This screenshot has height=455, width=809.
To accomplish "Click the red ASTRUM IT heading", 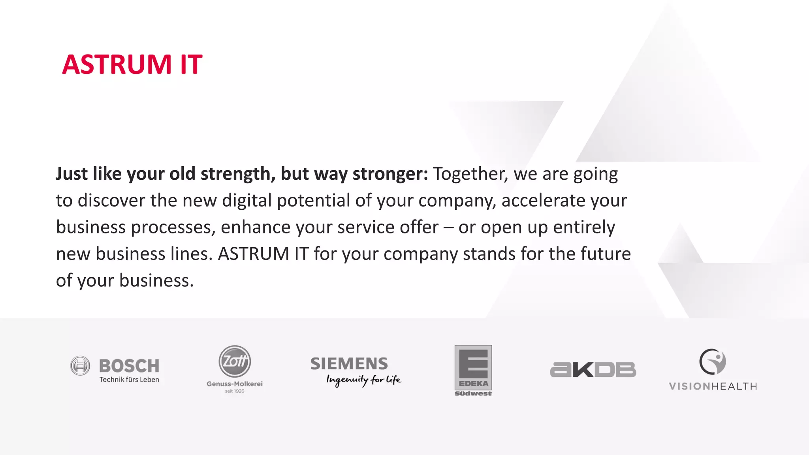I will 132,64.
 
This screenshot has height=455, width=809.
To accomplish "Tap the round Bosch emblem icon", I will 80,366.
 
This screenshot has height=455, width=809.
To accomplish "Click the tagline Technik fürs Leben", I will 129,380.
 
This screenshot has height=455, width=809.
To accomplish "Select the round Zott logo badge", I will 235,361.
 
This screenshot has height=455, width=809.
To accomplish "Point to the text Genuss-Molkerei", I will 235,384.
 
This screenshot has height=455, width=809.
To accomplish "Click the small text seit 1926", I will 235,391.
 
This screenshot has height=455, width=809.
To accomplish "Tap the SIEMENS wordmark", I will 349,363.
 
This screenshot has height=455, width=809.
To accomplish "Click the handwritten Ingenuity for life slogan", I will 363,380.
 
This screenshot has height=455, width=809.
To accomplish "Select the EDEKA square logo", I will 473,367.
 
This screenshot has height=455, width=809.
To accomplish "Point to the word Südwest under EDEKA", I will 473,393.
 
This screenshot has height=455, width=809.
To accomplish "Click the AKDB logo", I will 593,370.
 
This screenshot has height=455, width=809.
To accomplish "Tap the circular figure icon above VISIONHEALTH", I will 713,361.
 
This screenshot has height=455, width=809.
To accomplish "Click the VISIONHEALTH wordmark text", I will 713,386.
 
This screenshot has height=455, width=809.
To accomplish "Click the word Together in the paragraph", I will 470,174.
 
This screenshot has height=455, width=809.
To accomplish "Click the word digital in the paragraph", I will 247,201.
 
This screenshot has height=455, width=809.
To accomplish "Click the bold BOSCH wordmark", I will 129,366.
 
